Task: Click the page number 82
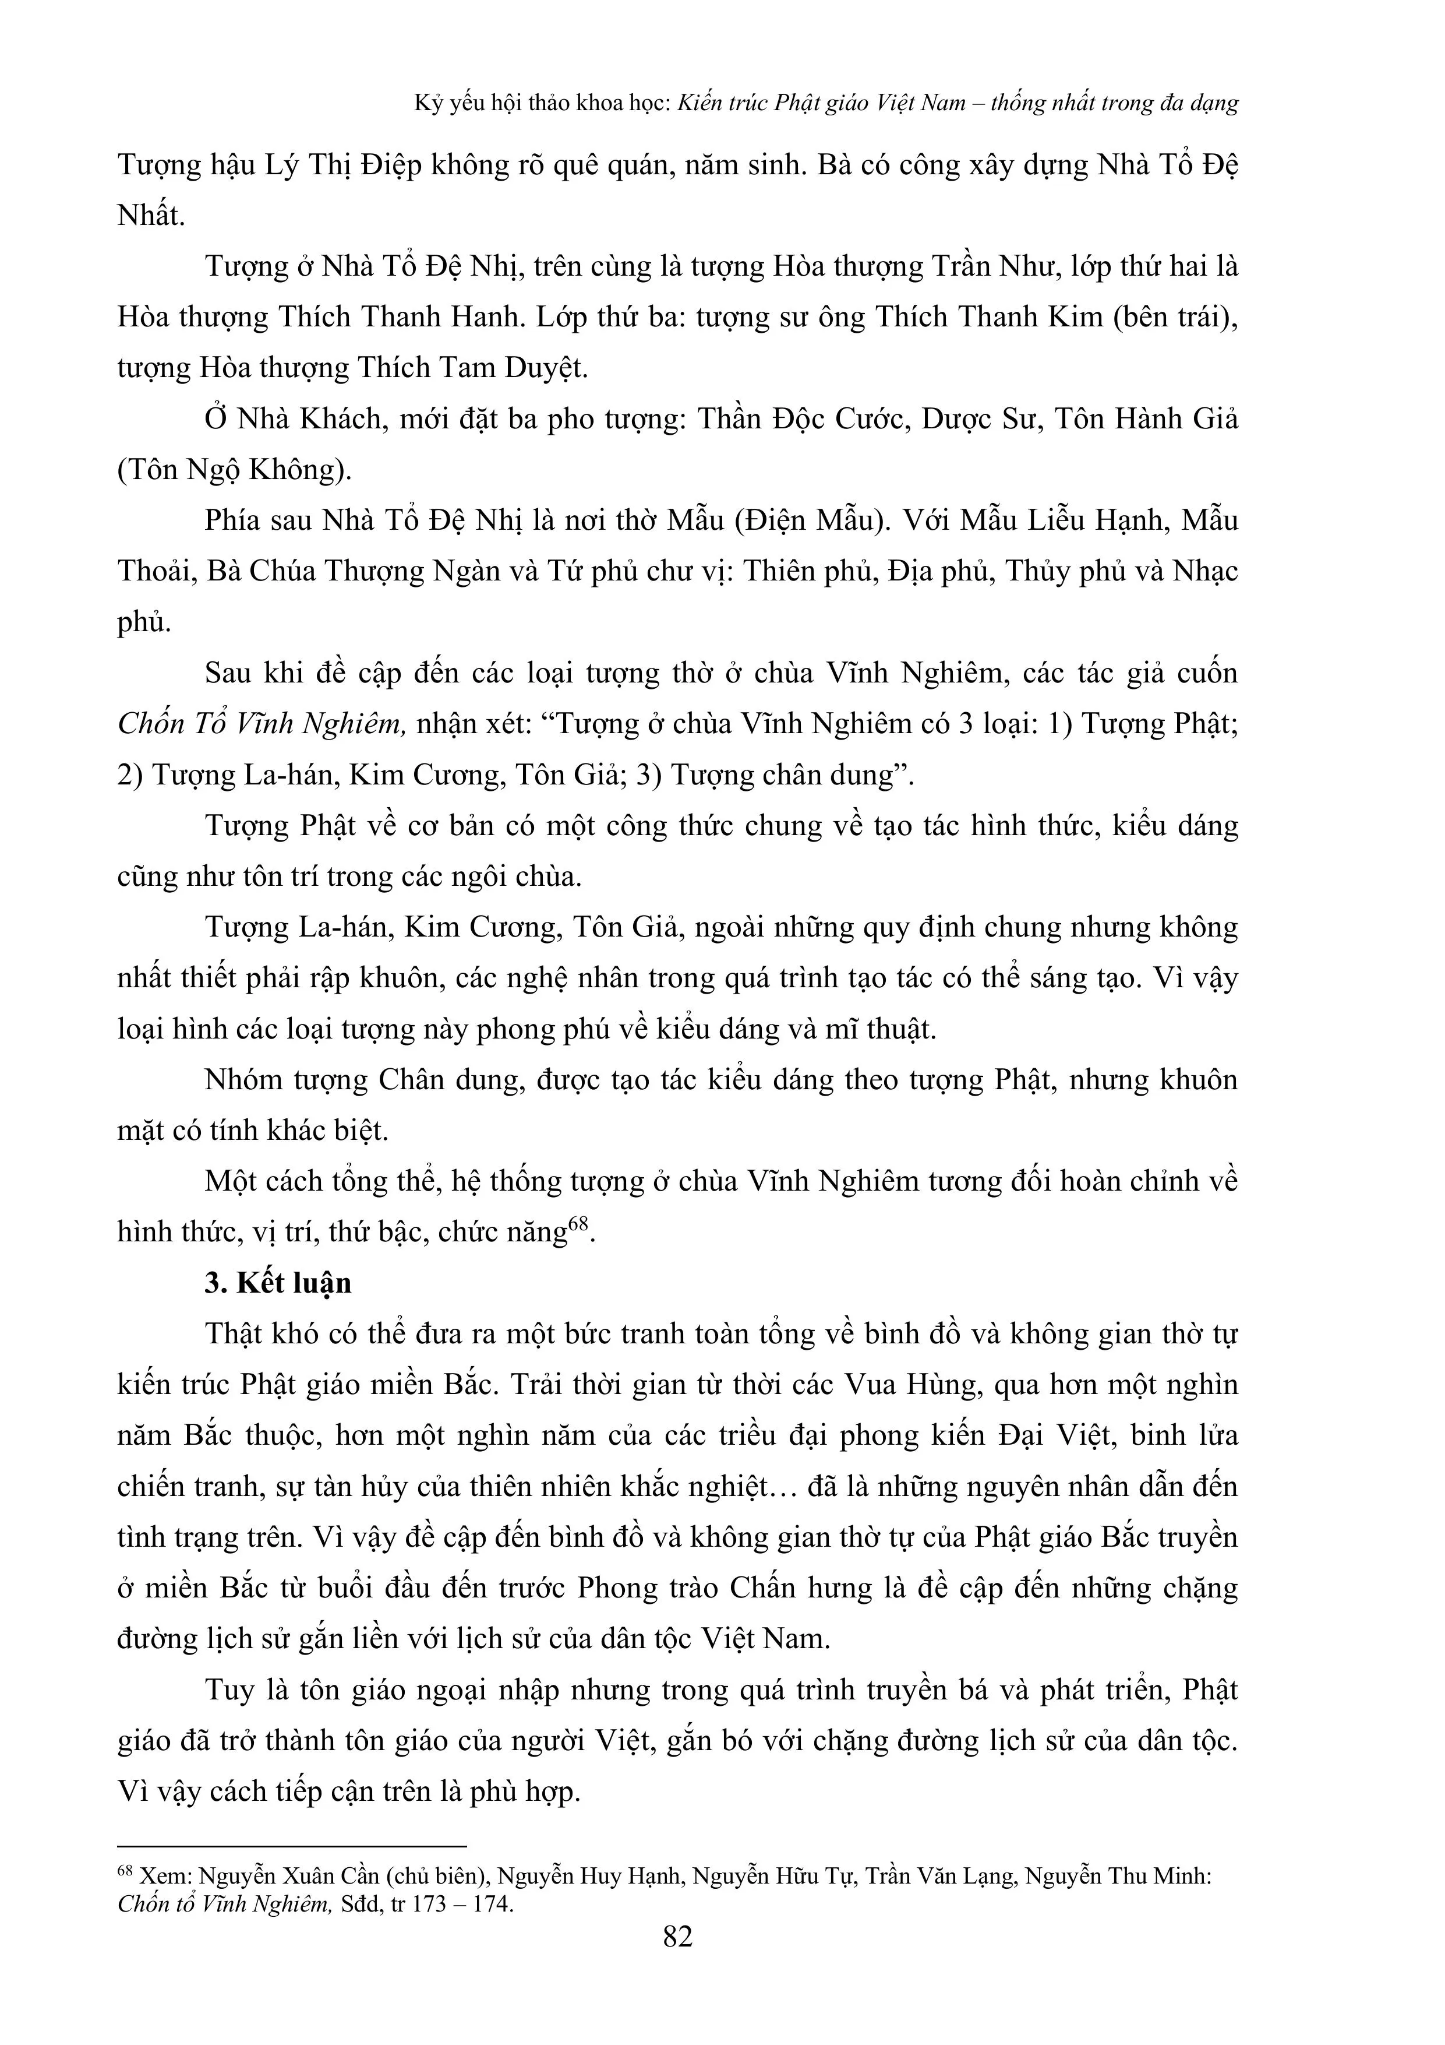pos(677,1937)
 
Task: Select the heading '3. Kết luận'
pos(278,1283)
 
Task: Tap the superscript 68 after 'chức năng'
pos(579,1224)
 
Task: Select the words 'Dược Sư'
pos(980,420)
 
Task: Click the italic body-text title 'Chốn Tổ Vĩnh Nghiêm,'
pos(263,724)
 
